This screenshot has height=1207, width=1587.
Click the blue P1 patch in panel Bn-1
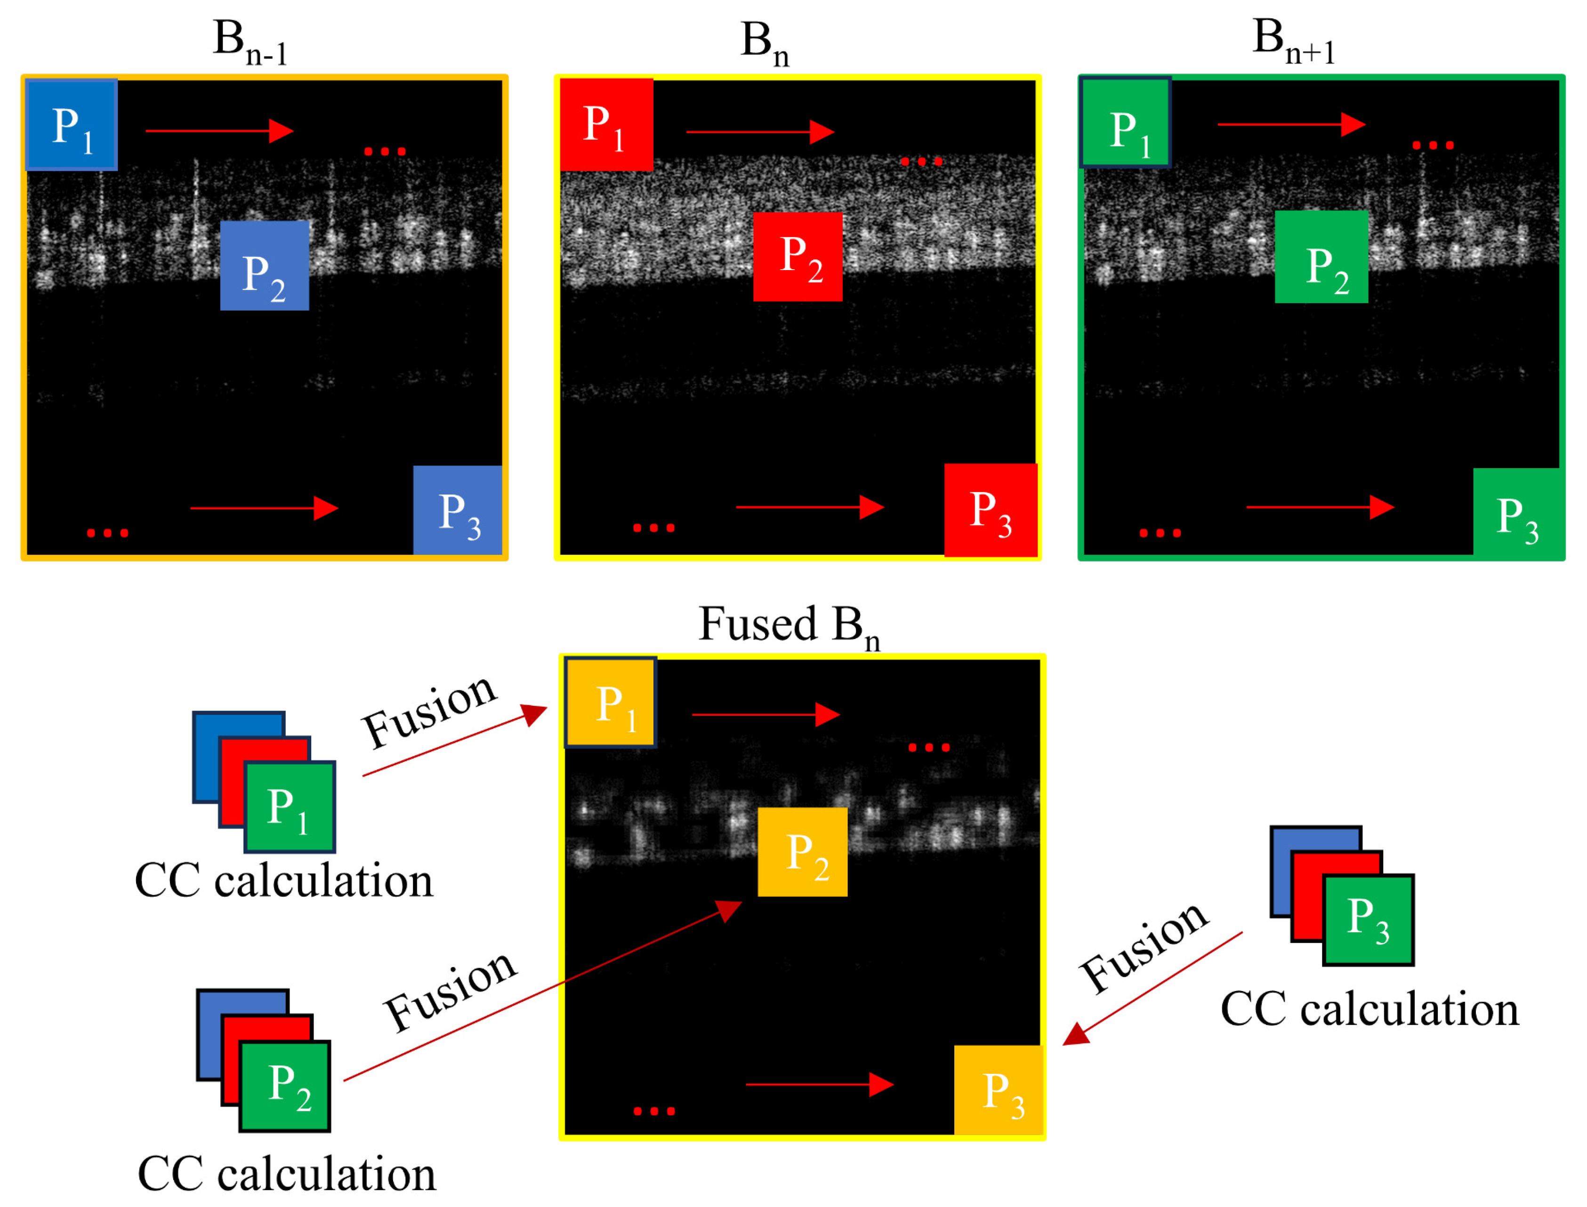coord(71,125)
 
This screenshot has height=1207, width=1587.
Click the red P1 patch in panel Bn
coord(607,125)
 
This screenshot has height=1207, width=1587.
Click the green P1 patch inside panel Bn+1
coord(1126,123)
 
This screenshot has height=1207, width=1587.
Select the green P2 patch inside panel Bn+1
coord(1321,256)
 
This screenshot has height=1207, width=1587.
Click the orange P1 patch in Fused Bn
coord(610,702)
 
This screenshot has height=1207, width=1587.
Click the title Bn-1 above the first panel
coord(250,43)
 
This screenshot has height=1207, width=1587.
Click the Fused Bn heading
coord(789,625)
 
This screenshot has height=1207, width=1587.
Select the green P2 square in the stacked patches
coord(285,1086)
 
